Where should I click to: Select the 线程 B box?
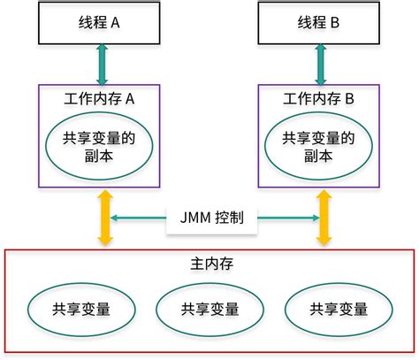tap(321, 25)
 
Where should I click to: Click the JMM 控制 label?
tap(211, 218)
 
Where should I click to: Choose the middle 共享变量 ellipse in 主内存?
tap(209, 309)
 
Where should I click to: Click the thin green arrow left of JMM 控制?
tap(140, 218)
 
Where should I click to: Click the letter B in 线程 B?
tap(335, 25)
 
